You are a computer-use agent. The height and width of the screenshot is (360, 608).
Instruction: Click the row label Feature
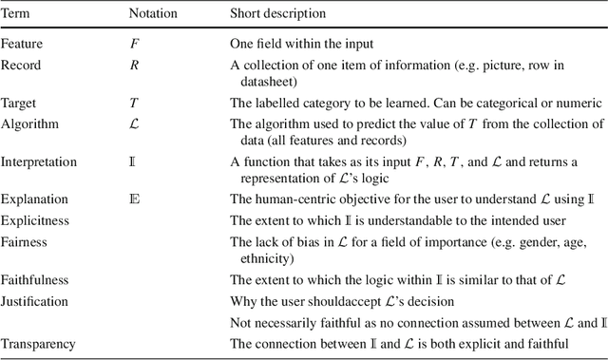pyautogui.click(x=22, y=44)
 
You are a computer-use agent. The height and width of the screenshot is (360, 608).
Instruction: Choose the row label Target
pyautogui.click(x=20, y=102)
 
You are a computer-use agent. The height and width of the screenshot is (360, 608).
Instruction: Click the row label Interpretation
pyautogui.click(x=39, y=161)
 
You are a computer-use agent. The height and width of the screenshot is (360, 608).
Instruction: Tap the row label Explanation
pyautogui.click(x=34, y=200)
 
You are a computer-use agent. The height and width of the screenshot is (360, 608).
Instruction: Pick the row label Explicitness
pyautogui.click(x=35, y=220)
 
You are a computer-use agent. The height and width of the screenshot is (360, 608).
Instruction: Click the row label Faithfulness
pyautogui.click(x=35, y=280)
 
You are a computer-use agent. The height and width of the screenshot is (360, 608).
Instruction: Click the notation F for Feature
pyautogui.click(x=134, y=44)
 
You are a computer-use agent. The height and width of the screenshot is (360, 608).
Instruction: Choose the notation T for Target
pyautogui.click(x=134, y=102)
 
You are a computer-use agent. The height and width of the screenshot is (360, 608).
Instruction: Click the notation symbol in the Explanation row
pyautogui.click(x=134, y=200)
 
